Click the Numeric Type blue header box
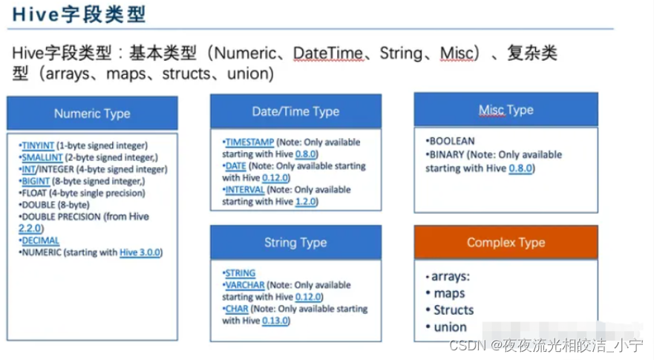[x=92, y=113]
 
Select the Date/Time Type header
[x=295, y=111]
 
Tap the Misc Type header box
[x=506, y=109]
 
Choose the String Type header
[x=295, y=243]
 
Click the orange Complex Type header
[x=506, y=243]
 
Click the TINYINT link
[x=38, y=145]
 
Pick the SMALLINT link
[x=42, y=157]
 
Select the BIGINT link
[x=36, y=181]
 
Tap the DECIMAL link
[x=41, y=240]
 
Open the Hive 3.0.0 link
[x=140, y=252]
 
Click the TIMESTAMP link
[x=250, y=143]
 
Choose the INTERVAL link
[x=245, y=190]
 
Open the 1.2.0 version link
[x=306, y=201]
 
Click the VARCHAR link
[x=245, y=285]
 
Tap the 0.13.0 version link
[x=275, y=321]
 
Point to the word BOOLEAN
[x=452, y=141]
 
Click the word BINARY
[x=447, y=154]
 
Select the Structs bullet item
[x=454, y=310]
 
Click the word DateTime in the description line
[x=328, y=53]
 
